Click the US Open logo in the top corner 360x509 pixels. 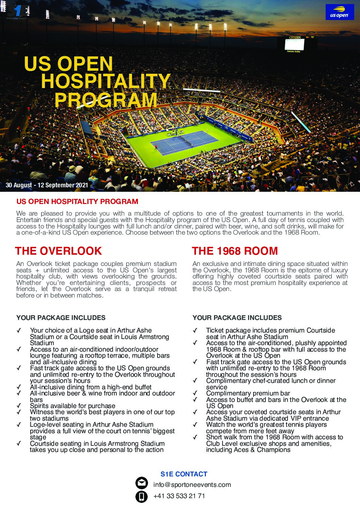point(340,12)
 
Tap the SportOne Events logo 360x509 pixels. point(17,12)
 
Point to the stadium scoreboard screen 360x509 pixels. point(295,44)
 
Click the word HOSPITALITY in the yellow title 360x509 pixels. point(105,82)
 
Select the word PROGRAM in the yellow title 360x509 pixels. point(106,100)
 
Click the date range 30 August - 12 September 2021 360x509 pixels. point(47,185)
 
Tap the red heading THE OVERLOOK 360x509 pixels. point(59,251)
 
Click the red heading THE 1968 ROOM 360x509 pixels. point(235,251)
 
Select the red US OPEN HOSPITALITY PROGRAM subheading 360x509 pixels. point(77,201)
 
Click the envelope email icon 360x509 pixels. point(141,483)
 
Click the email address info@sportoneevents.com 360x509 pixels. point(192,485)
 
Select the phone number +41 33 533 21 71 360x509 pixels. point(179,496)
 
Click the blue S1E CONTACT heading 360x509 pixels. point(184,474)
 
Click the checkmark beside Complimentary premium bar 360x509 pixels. point(195,393)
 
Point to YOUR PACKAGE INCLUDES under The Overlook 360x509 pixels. point(61,318)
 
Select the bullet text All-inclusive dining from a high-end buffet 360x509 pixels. point(91,387)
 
